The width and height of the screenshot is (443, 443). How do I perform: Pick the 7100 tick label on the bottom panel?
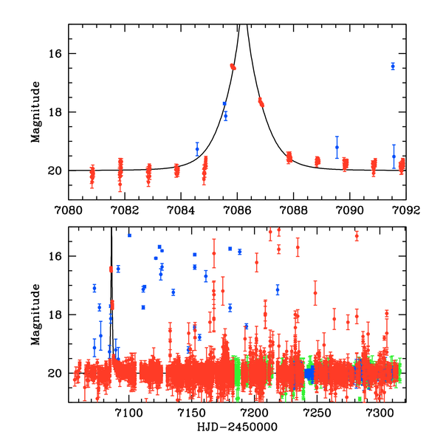[x=128, y=412]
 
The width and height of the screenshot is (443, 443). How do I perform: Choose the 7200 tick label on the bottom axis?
[x=255, y=412]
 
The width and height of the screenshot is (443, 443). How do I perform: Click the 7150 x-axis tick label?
[x=191, y=412]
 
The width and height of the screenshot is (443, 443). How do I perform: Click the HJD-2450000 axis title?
[x=236, y=427]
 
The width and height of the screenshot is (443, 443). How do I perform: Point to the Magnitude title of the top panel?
[x=35, y=111]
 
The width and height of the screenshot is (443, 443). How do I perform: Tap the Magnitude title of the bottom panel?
[x=35, y=315]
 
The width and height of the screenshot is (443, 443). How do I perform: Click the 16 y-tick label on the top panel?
[x=57, y=54]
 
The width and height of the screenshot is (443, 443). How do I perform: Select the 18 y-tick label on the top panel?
[x=57, y=112]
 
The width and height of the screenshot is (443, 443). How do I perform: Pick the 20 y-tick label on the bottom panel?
[x=57, y=374]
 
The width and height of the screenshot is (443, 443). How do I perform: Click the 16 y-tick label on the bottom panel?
[x=57, y=257]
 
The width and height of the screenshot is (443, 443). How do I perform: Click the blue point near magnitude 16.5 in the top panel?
[x=393, y=66]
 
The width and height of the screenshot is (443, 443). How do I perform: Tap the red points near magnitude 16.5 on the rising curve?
[x=233, y=66]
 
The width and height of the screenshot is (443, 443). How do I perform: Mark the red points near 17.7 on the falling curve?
[x=261, y=102]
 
